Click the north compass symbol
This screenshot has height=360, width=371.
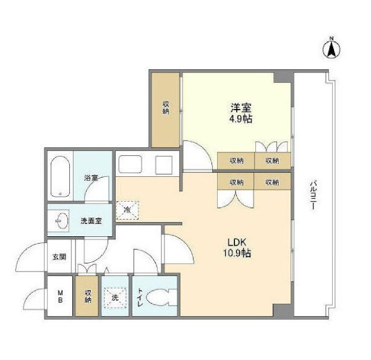tap(331, 48)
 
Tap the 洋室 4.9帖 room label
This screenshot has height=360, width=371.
tap(241, 113)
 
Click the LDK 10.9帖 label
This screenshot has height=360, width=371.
tap(237, 247)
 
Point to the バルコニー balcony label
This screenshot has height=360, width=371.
tap(313, 195)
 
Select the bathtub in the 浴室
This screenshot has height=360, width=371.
tap(60, 176)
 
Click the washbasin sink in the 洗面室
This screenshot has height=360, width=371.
tap(62, 221)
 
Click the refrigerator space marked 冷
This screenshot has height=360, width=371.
tap(127, 210)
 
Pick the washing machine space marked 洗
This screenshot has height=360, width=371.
tap(115, 298)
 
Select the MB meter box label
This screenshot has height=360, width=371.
tap(60, 296)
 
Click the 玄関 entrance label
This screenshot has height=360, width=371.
tap(59, 257)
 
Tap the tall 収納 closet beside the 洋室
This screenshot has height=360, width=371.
tap(165, 110)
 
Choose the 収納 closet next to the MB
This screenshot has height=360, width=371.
tap(87, 296)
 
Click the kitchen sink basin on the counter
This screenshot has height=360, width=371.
tap(130, 164)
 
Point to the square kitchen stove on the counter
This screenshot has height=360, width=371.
tap(164, 165)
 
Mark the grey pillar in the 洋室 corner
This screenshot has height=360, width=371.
tap(282, 77)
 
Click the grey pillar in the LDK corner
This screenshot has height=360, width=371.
tap(282, 310)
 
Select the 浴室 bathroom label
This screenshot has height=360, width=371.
tap(91, 178)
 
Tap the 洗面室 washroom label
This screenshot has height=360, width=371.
tap(91, 221)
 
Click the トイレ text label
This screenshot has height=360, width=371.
tap(140, 298)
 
